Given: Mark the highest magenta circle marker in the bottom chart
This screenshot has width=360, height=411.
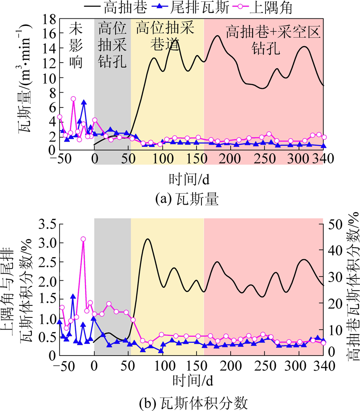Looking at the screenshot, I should point(83,239).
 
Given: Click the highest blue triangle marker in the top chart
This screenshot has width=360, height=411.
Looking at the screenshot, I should point(84,103).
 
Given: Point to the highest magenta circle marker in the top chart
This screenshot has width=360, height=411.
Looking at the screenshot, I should point(73,99).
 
